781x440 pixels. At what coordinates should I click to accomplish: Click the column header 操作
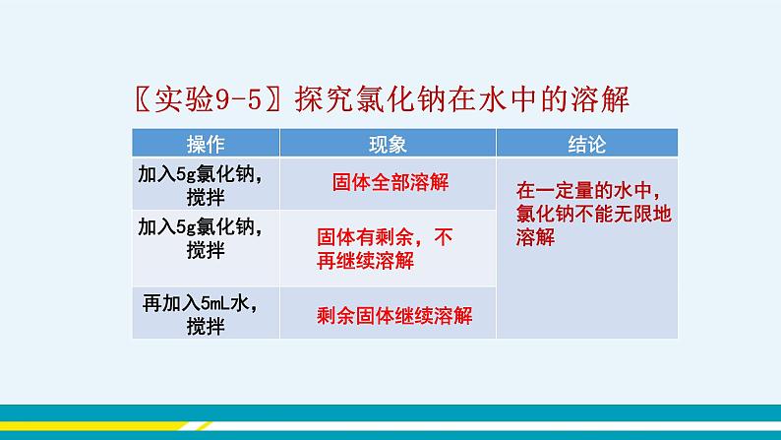206,145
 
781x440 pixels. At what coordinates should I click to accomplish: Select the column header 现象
388,145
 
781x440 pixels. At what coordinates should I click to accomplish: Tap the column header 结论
587,145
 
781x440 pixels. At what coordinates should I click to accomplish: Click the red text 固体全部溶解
390,182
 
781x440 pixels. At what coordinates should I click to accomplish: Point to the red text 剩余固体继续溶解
394,315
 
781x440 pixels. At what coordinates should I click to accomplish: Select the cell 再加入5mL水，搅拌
206,314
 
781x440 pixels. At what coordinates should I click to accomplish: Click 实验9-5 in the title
209,99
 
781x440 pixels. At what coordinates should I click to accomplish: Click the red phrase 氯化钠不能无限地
594,214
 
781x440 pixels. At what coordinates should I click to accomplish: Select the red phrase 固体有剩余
365,237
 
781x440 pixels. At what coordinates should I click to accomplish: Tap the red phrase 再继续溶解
365,261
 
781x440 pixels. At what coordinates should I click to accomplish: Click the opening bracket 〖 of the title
143,99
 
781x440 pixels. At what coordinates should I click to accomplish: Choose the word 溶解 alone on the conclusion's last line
535,237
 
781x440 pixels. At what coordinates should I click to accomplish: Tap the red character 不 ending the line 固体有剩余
444,237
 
